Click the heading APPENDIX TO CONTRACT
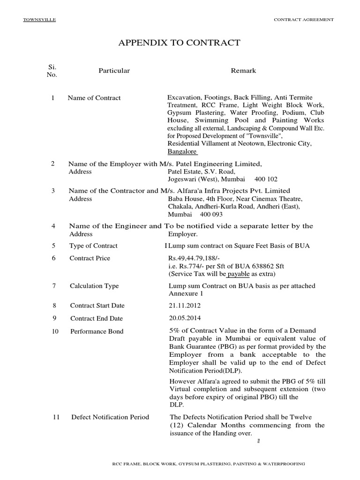click(180, 43)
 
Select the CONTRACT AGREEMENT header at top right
click(303, 20)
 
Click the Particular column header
click(114, 71)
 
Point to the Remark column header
click(243, 71)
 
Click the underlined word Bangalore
click(183, 152)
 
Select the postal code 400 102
click(266, 180)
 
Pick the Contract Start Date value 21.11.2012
click(183, 306)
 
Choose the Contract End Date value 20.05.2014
click(183, 318)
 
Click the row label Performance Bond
click(97, 331)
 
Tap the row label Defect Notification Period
click(110, 417)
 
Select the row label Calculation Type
click(94, 286)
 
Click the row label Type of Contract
click(93, 246)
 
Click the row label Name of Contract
click(94, 98)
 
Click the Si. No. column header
click(52, 71)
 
